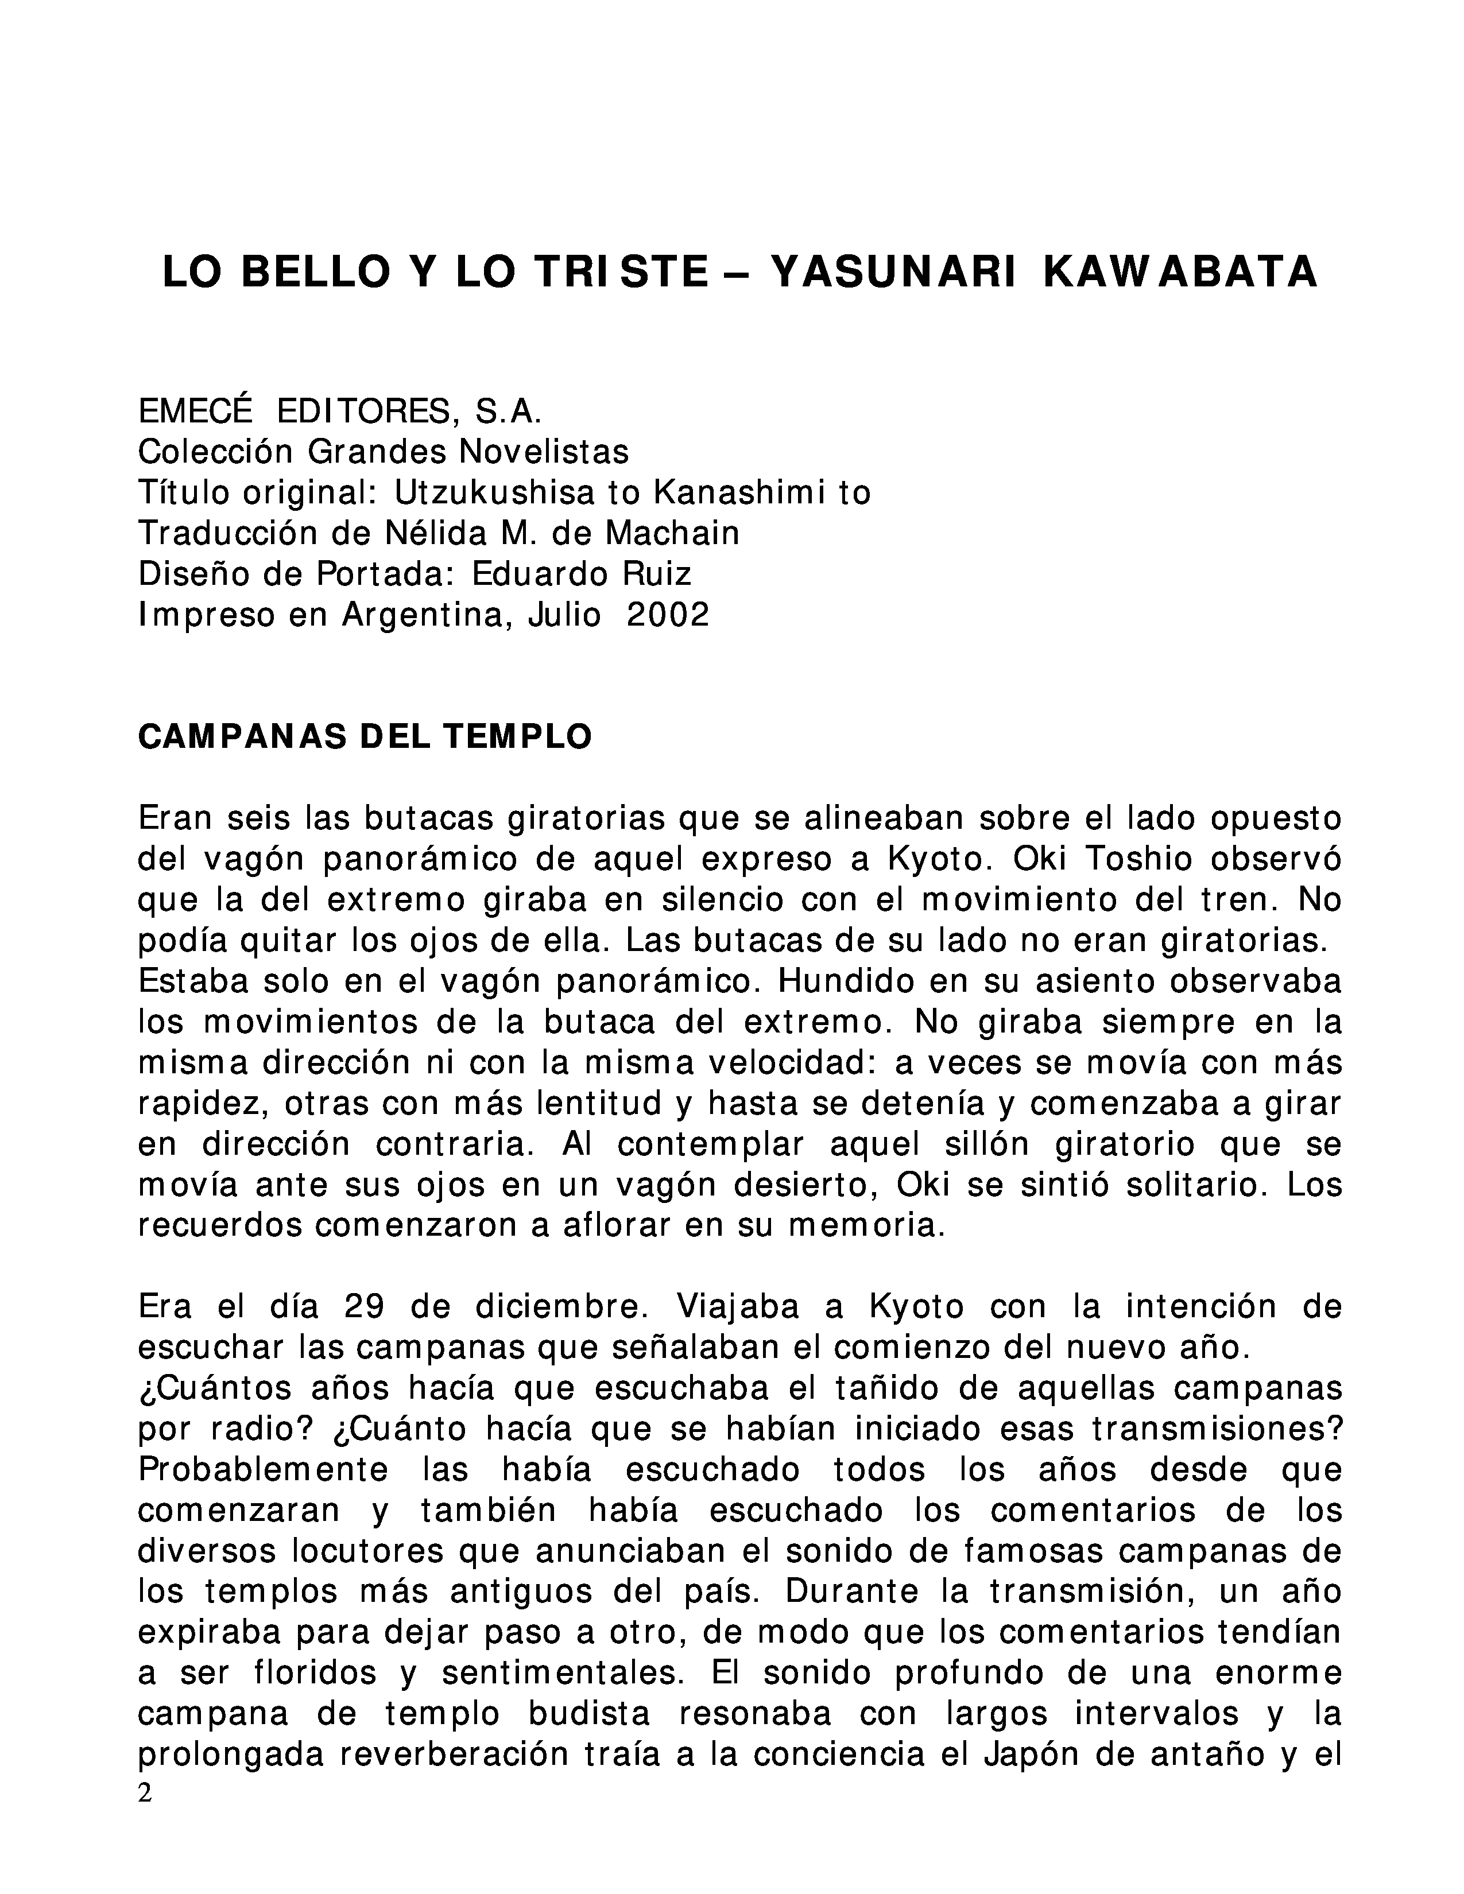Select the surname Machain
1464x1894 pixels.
(x=672, y=533)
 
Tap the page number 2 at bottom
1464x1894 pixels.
(x=145, y=1792)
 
